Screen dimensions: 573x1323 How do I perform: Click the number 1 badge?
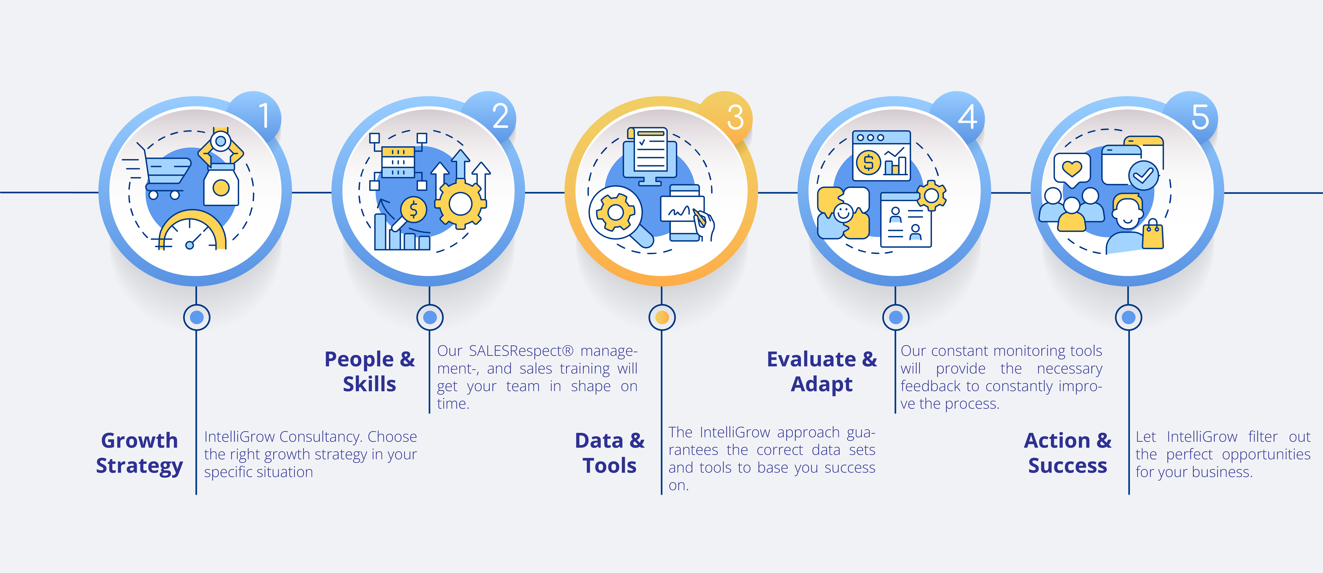pyautogui.click(x=263, y=116)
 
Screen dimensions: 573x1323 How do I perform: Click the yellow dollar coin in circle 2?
pyautogui.click(x=413, y=210)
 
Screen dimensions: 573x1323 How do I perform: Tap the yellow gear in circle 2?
pyautogui.click(x=460, y=204)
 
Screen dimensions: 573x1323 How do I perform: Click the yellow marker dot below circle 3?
pyautogui.click(x=662, y=317)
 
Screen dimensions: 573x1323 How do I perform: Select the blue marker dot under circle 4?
pyautogui.click(x=896, y=317)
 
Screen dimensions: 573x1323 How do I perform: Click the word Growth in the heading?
pyautogui.click(x=139, y=441)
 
